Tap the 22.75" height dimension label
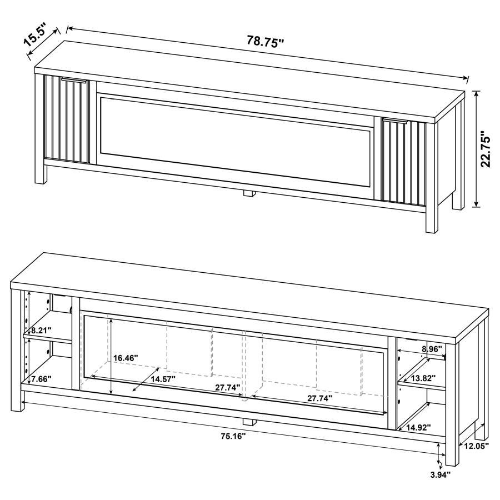486,149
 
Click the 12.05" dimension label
477,446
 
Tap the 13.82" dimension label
423,378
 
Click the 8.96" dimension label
431,349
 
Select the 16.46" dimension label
126,358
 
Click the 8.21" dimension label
41,331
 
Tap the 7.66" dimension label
41,379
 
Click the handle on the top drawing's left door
73,81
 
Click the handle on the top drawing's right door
395,120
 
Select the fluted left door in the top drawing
66,120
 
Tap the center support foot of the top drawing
248,193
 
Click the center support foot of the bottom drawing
249,421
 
